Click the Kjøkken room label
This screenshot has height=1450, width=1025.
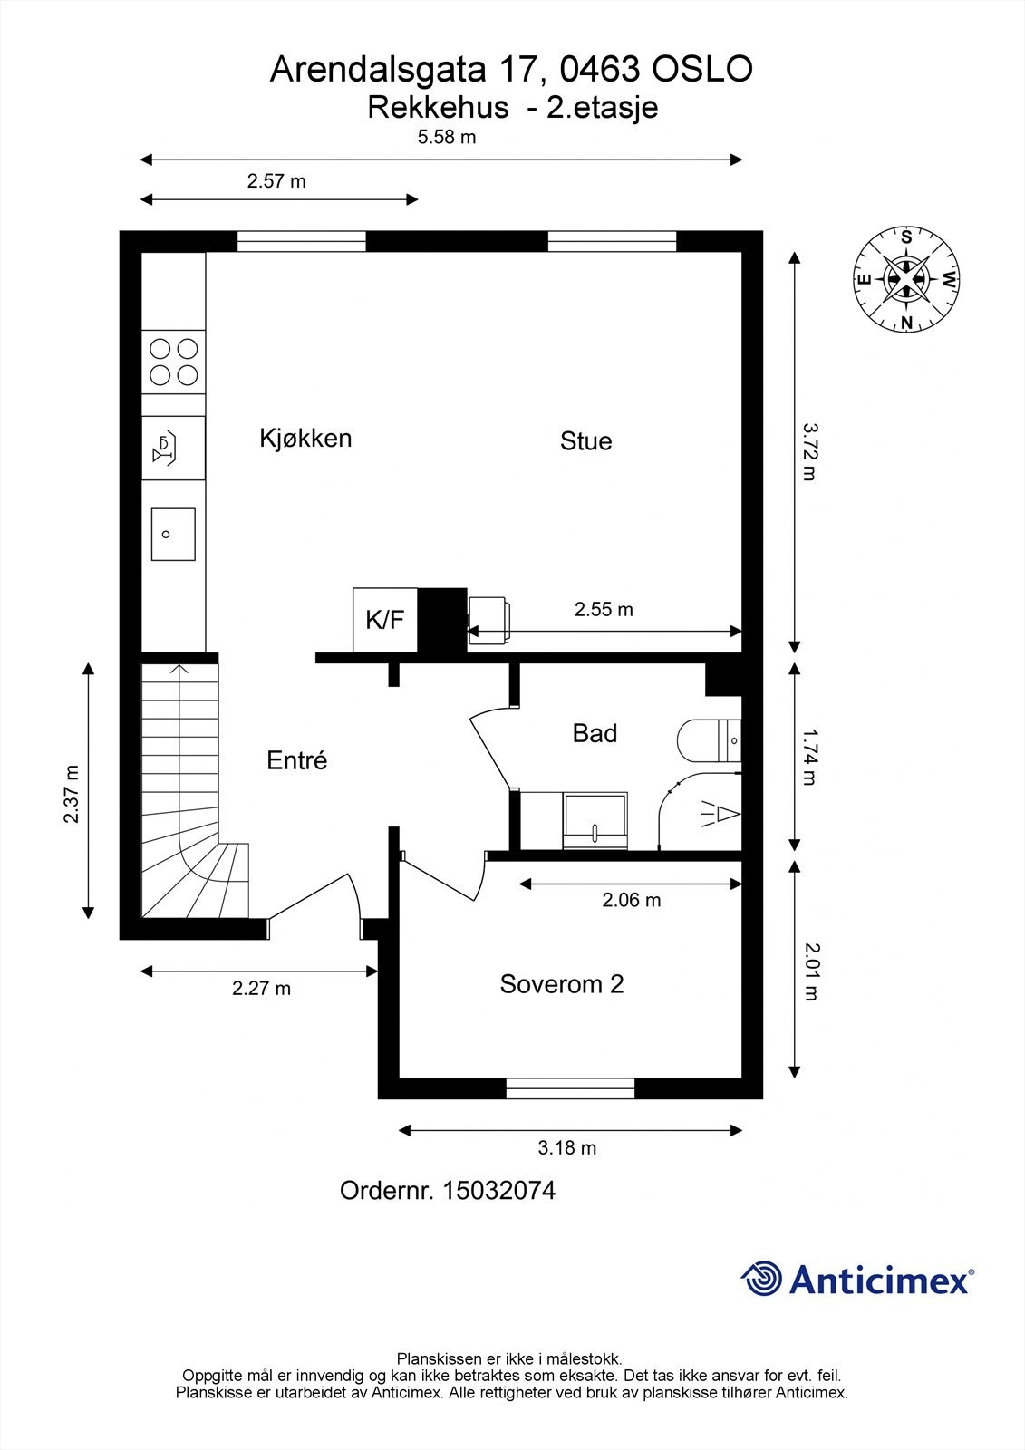pos(305,439)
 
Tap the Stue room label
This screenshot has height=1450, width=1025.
pos(586,440)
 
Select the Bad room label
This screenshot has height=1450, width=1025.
pos(595,733)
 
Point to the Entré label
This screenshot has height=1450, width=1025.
pos(296,759)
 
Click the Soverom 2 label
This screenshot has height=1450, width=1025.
pos(561,983)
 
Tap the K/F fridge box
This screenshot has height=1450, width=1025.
pos(384,620)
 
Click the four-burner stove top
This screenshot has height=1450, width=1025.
pos(173,362)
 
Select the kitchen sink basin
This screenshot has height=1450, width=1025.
pos(173,534)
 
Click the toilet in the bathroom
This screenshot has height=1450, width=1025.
pos(709,739)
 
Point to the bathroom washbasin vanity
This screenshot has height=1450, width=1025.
pos(595,820)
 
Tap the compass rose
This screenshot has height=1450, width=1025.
pos(906,280)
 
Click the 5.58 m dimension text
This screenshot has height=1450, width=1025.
pos(447,137)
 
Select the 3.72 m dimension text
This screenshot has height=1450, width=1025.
pos(809,451)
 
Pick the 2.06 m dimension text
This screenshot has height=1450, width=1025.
pos(632,900)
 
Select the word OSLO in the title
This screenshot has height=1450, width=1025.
pos(701,69)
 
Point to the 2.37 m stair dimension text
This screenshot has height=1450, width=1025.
pos(72,794)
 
